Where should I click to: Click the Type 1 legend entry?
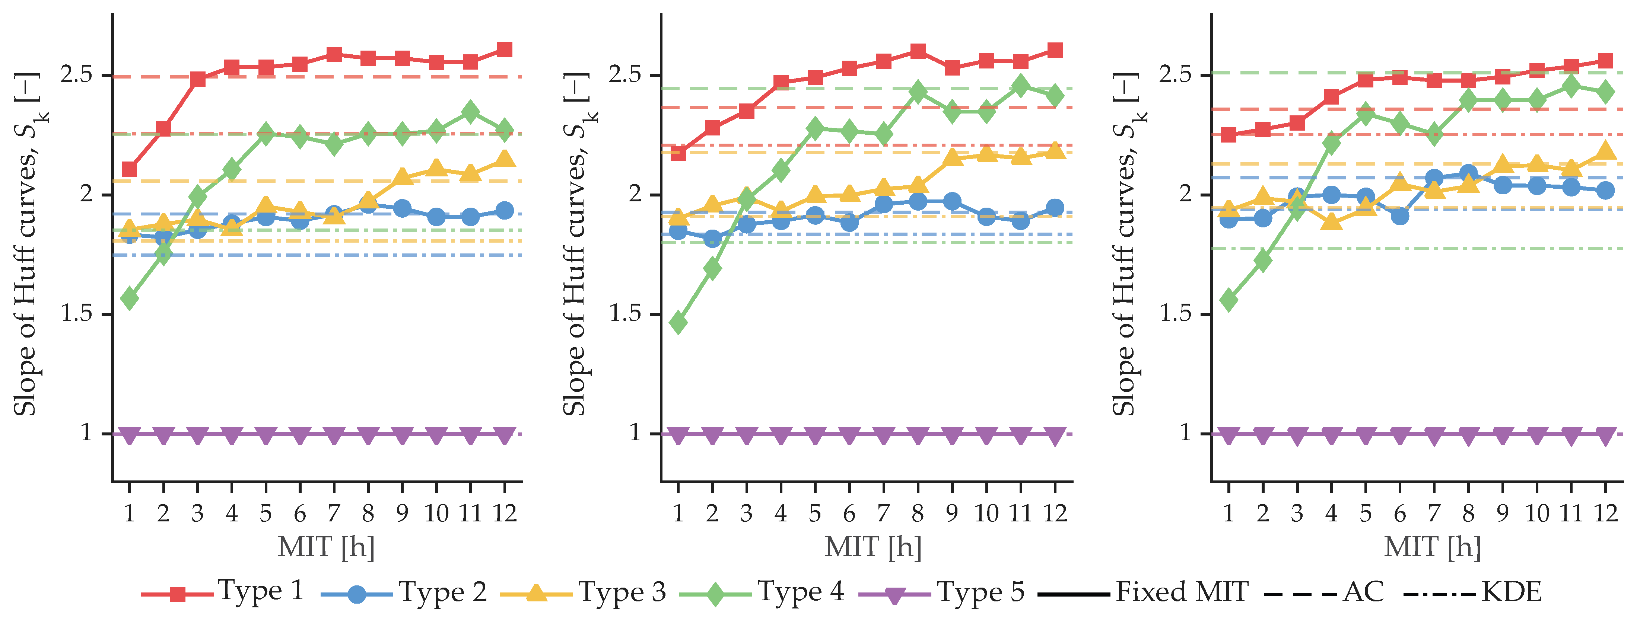[x=222, y=592]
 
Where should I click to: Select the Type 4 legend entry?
[x=762, y=592]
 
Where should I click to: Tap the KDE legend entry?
[x=1472, y=592]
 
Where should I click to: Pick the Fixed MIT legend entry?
[x=1143, y=592]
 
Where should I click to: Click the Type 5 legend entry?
[x=942, y=592]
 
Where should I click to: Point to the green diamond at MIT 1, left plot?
[x=129, y=298]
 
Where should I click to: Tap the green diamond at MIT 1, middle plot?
[x=678, y=323]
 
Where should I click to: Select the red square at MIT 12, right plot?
[x=1606, y=61]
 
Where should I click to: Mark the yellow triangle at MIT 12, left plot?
[x=504, y=158]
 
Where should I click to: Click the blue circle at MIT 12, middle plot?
[x=1055, y=208]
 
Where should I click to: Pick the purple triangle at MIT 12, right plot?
[x=1606, y=436]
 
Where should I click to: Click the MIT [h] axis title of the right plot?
[x=1433, y=547]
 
